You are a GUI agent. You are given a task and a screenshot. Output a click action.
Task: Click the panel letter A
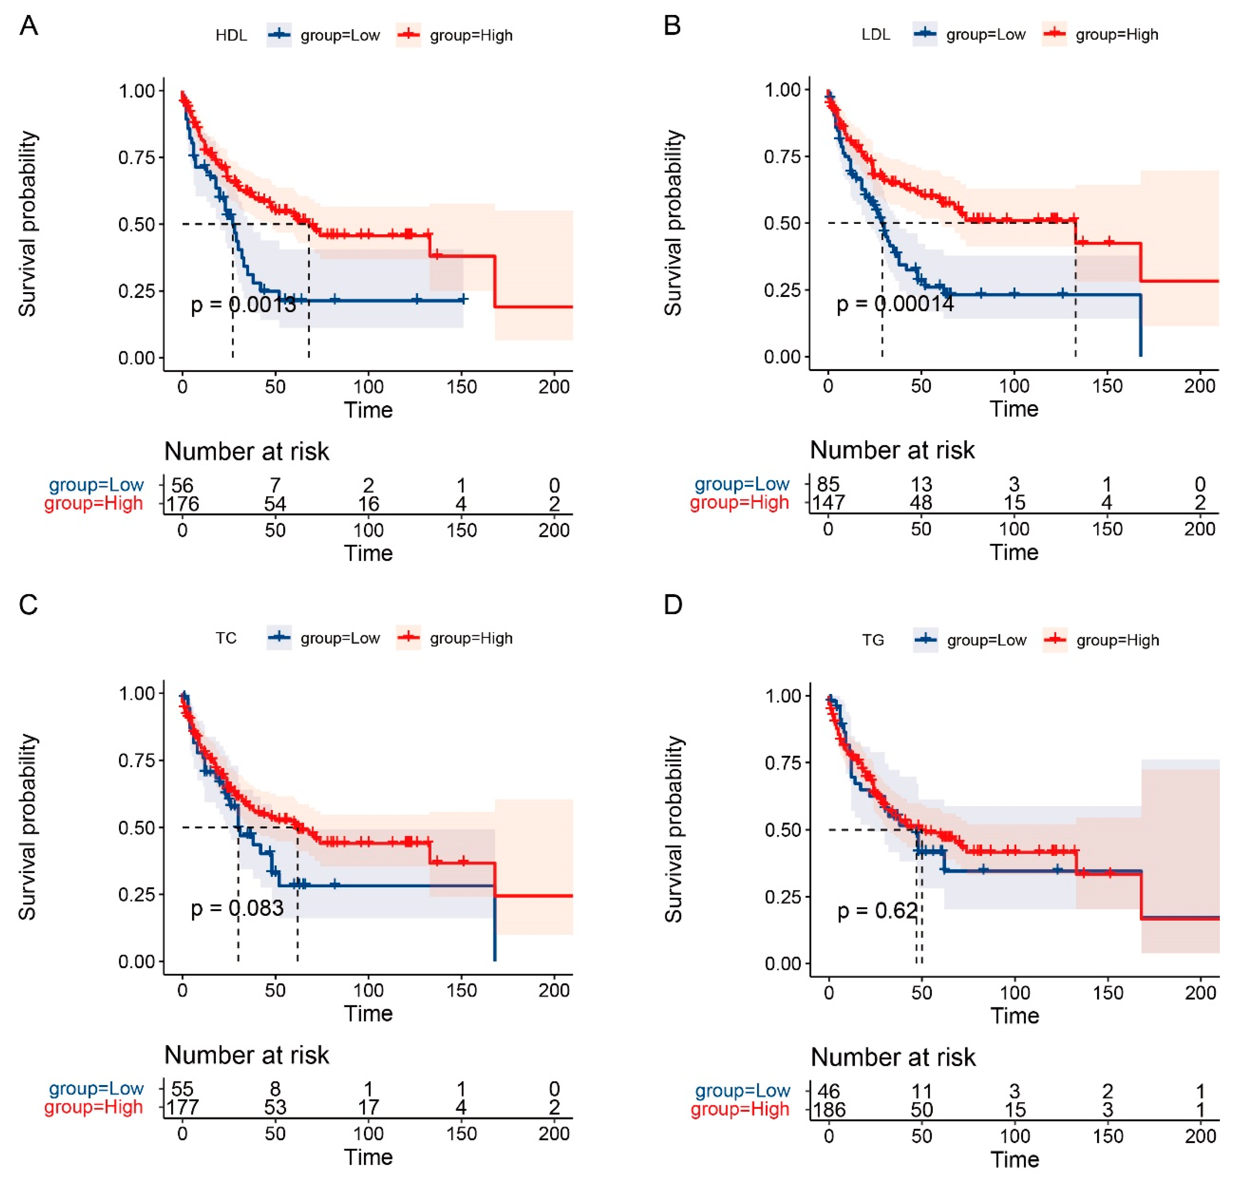click(x=29, y=26)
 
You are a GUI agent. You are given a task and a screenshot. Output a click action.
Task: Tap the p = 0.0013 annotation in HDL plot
click(x=243, y=305)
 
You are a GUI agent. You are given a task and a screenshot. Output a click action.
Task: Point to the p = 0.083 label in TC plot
click(x=237, y=908)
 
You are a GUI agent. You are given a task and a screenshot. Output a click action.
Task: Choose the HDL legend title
click(x=231, y=35)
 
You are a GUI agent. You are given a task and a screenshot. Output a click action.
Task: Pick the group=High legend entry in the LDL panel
click(x=1101, y=34)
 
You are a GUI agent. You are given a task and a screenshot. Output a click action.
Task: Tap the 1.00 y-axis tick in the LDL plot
click(x=783, y=90)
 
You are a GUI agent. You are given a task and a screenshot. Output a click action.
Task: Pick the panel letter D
click(x=673, y=605)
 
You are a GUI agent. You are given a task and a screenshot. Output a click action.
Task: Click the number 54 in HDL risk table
click(x=275, y=504)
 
